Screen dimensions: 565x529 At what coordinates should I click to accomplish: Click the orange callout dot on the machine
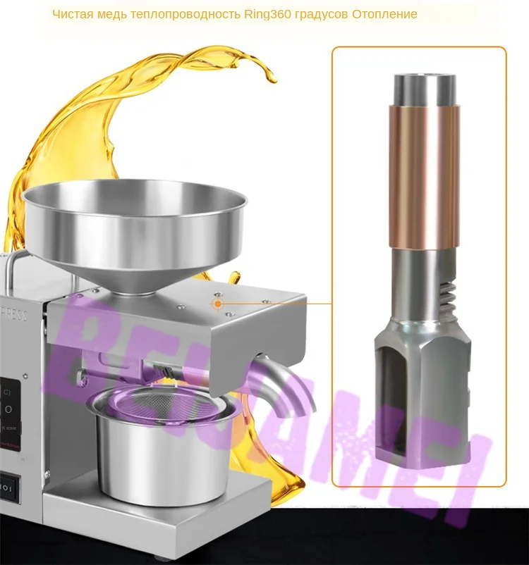219,304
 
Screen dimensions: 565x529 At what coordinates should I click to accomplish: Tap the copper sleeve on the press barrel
424,176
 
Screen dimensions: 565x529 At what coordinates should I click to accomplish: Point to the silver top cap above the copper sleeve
424,88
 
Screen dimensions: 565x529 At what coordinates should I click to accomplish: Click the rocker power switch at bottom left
7,486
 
